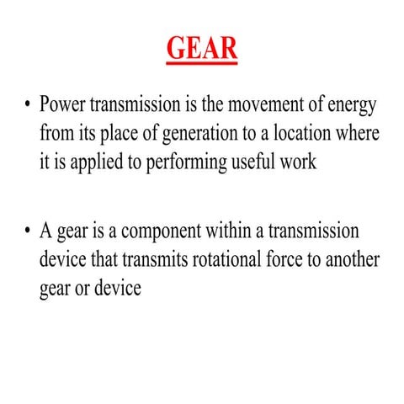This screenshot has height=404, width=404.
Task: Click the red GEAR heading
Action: click(x=202, y=48)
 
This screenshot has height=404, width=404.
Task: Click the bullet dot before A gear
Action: click(x=27, y=231)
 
